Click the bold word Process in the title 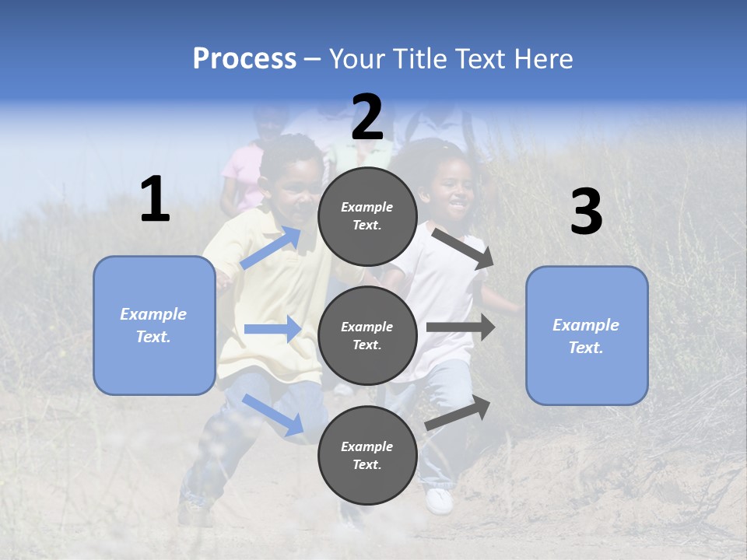click(x=244, y=58)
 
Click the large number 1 click(x=155, y=200)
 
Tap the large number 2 click(x=367, y=117)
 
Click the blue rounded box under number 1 click(x=154, y=325)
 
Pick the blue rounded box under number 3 click(x=587, y=335)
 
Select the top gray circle click(x=367, y=216)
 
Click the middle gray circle click(x=367, y=335)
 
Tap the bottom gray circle click(x=367, y=455)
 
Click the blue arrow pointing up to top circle click(x=271, y=247)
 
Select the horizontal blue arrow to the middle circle click(x=272, y=329)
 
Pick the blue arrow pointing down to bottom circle click(x=273, y=415)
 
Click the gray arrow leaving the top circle click(x=463, y=248)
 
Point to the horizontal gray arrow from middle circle click(x=460, y=327)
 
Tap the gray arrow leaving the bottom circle click(x=458, y=413)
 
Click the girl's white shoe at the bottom click(x=440, y=500)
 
